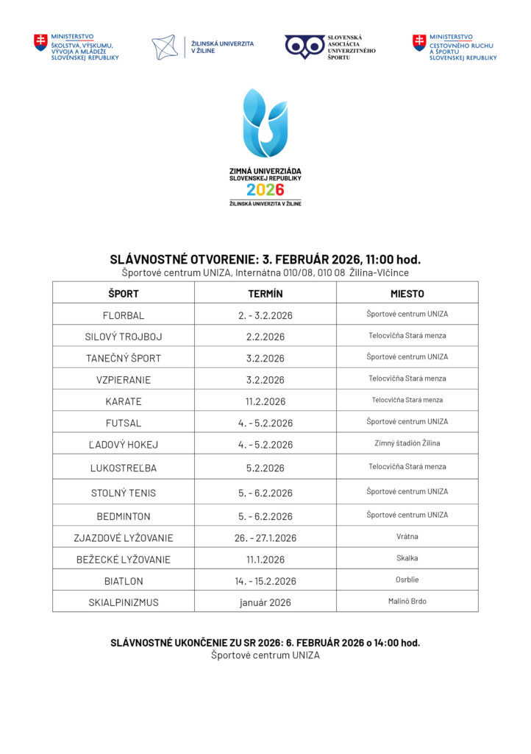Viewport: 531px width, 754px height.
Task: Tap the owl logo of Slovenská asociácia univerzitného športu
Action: (x=304, y=46)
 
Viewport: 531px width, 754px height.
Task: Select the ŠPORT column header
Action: (x=124, y=293)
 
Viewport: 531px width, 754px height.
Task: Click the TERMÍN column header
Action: (x=265, y=293)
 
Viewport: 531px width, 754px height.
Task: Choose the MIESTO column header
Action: (x=407, y=293)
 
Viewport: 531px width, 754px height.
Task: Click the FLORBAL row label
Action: (x=124, y=315)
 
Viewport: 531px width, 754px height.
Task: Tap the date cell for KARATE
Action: (x=265, y=401)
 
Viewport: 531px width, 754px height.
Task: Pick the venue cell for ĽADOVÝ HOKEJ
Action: (x=407, y=443)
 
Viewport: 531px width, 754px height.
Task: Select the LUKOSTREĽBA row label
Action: (x=124, y=468)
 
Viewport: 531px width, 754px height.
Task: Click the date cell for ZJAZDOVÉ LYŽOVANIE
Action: (x=265, y=538)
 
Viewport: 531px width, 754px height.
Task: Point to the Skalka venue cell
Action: (x=407, y=558)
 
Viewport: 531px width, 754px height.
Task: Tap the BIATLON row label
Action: (x=124, y=581)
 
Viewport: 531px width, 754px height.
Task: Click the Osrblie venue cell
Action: (x=407, y=579)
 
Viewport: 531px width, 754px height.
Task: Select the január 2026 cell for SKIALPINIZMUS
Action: (x=265, y=602)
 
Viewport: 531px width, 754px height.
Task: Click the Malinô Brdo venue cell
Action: (x=407, y=601)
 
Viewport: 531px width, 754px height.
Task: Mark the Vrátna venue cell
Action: (x=407, y=537)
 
